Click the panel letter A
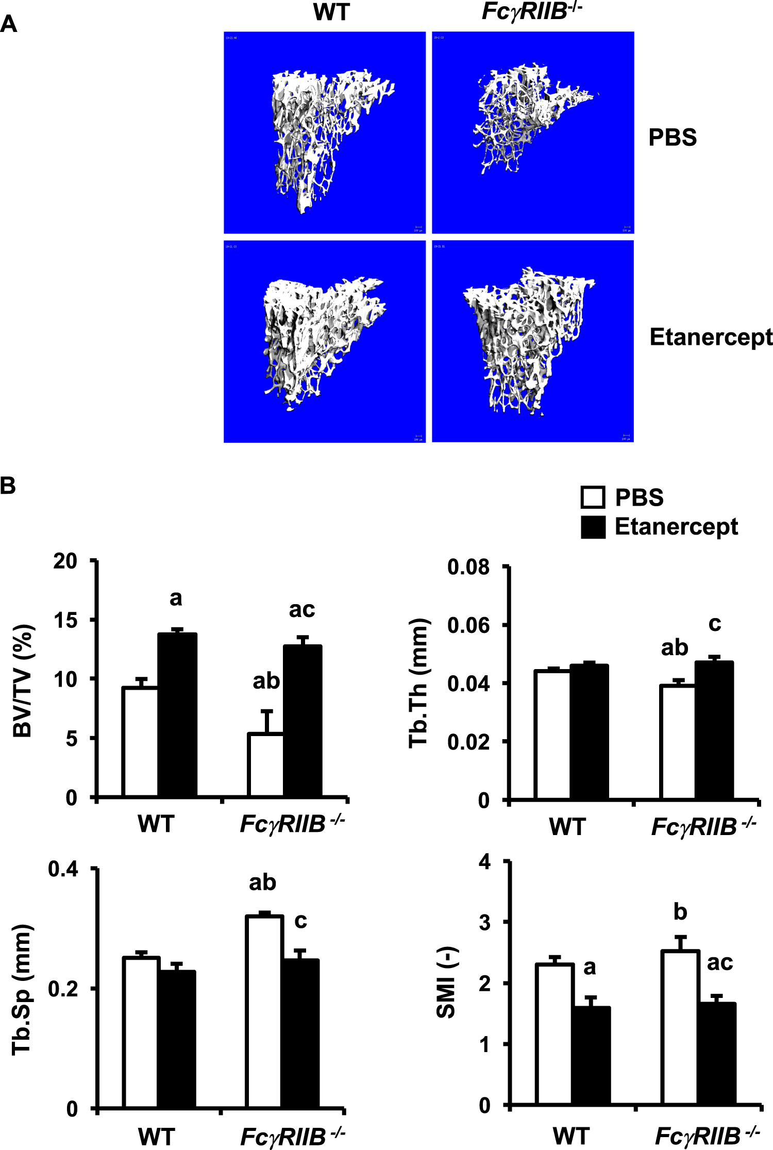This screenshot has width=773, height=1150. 9,24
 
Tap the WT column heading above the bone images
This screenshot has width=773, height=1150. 331,12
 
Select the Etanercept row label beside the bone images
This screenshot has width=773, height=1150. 711,338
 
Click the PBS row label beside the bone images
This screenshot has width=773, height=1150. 673,138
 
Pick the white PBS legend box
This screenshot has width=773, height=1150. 593,497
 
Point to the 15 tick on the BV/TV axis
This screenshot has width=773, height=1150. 66,620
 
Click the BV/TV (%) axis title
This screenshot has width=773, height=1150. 23,680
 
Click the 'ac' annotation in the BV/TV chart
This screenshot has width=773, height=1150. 301,610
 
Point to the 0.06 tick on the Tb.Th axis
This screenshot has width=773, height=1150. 468,625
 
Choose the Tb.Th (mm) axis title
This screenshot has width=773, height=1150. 418,682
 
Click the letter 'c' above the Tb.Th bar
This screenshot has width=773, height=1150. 714,624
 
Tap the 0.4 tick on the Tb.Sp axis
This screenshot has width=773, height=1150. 63,869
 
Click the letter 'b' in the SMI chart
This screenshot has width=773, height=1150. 680,912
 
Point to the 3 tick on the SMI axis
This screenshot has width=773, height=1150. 484,922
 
